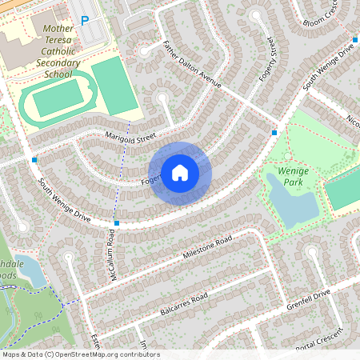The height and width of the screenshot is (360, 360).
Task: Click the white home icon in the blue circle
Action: (180, 172)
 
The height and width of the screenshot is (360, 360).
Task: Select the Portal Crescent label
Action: (319, 340)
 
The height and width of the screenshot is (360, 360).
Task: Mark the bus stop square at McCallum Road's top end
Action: (118, 223)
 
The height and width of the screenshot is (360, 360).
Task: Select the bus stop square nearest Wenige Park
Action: (274, 132)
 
